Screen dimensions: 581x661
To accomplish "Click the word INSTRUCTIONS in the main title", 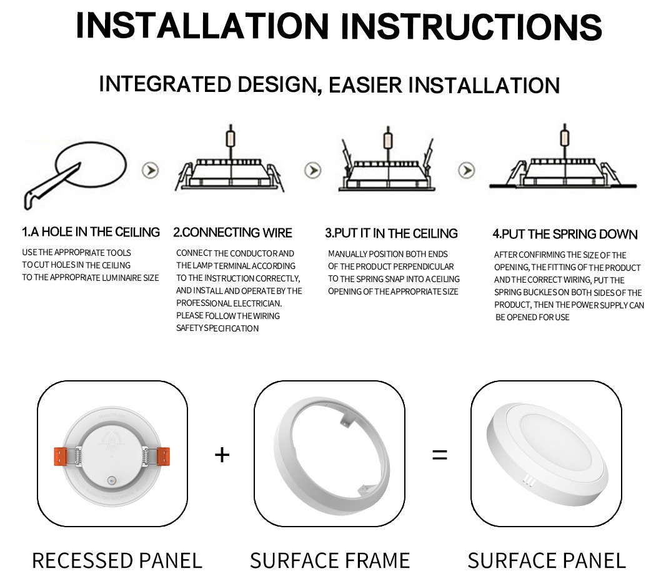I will (x=474, y=26).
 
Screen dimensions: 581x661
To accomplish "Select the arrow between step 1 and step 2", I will (x=150, y=170).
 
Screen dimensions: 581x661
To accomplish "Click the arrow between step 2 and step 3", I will (x=312, y=170).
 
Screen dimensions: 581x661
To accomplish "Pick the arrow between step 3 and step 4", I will (x=466, y=170).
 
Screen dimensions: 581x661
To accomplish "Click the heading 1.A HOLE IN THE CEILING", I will (x=91, y=232).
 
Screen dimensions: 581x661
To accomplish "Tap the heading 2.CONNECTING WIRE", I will (x=232, y=233).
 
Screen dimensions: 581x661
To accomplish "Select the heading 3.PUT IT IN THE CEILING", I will (x=391, y=233).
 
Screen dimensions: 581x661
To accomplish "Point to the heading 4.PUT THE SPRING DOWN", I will (x=565, y=235).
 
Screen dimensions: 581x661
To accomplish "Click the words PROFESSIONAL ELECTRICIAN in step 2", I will (x=229, y=303).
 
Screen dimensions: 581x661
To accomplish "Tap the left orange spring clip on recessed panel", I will (x=61, y=455).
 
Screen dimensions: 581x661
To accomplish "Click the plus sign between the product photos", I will (x=222, y=454).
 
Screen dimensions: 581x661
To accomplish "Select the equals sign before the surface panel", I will (x=440, y=455).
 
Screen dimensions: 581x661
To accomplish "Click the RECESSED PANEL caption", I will (x=117, y=560).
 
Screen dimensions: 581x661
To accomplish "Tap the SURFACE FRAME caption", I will (x=330, y=560).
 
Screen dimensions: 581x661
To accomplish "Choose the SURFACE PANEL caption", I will (x=546, y=560).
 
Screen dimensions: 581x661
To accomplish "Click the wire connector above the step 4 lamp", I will (x=564, y=135).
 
